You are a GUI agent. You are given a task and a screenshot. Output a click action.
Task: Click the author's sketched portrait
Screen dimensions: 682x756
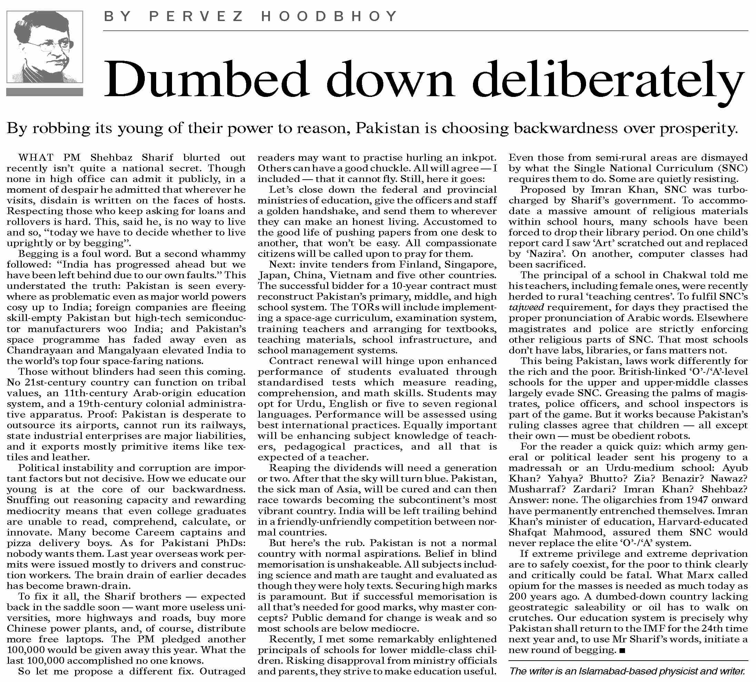click(44, 47)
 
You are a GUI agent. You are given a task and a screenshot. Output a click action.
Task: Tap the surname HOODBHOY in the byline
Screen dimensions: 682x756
click(329, 17)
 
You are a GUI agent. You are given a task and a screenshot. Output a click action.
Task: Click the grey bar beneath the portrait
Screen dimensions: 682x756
click(44, 92)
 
